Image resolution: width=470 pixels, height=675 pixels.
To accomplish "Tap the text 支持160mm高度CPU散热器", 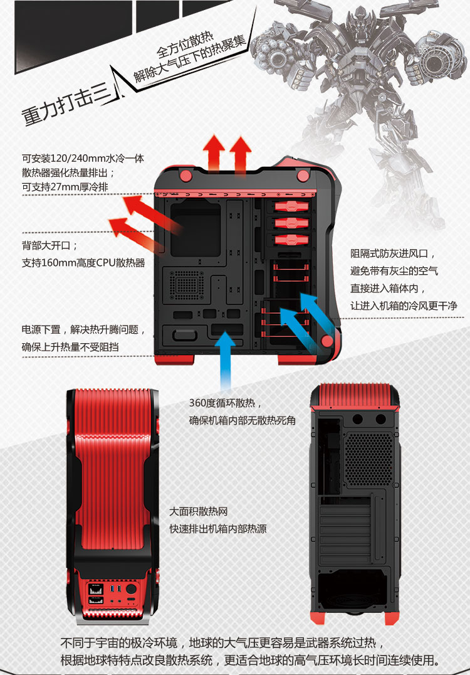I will [83, 263].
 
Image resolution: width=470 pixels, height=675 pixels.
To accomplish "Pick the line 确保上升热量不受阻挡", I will [71, 346].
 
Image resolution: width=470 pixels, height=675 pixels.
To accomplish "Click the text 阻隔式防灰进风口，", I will [392, 254].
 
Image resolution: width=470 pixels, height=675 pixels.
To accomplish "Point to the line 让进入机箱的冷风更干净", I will [404, 306].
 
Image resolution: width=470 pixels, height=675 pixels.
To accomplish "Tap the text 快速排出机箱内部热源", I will [218, 529].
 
